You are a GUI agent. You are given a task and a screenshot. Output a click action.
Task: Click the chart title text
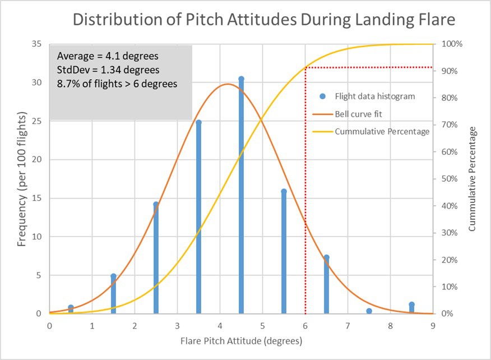tap(263, 21)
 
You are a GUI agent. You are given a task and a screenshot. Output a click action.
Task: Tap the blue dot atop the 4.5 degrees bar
tap(241, 79)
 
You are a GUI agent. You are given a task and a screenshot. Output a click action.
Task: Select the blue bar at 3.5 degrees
tap(198, 219)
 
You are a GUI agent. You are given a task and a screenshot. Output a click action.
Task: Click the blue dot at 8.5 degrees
tap(411, 304)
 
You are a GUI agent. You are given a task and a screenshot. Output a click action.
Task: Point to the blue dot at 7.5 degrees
tap(369, 311)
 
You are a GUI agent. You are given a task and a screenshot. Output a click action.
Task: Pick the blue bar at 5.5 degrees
tap(284, 252)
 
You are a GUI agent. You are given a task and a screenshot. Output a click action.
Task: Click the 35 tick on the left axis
tap(37, 44)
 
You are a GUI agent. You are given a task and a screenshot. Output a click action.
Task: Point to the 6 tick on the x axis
tap(305, 325)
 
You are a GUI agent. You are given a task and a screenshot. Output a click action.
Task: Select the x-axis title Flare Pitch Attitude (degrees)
tap(242, 340)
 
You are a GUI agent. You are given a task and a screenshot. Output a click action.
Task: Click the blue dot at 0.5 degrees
tap(71, 307)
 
